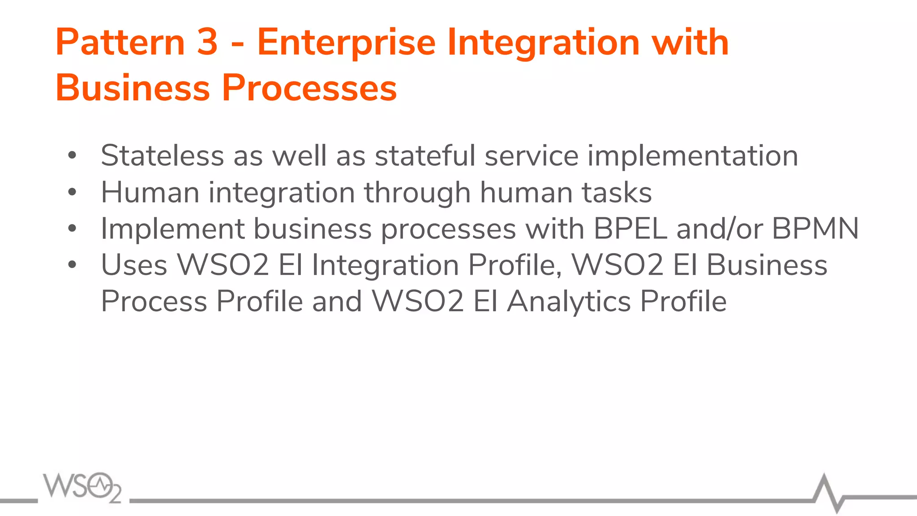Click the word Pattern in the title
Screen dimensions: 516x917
pyautogui.click(x=120, y=42)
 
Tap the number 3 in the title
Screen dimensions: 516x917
pyautogui.click(x=207, y=42)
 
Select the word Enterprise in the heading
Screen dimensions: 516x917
pyautogui.click(x=346, y=43)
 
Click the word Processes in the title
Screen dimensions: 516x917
pyautogui.click(x=309, y=88)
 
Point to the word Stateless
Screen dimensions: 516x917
pyautogui.click(x=162, y=156)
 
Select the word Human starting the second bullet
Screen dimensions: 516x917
pyautogui.click(x=150, y=193)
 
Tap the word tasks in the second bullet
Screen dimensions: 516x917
pyautogui.click(x=617, y=193)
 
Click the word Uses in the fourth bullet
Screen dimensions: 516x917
pyautogui.click(x=134, y=265)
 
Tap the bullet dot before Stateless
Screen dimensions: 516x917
pyautogui.click(x=72, y=156)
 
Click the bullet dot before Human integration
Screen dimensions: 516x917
pyautogui.click(x=72, y=192)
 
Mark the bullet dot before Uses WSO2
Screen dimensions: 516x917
pyautogui.click(x=72, y=265)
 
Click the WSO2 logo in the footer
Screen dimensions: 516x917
pyautogui.click(x=82, y=487)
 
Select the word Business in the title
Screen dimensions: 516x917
pyautogui.click(x=133, y=88)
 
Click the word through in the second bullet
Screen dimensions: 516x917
pyautogui.click(x=417, y=193)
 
